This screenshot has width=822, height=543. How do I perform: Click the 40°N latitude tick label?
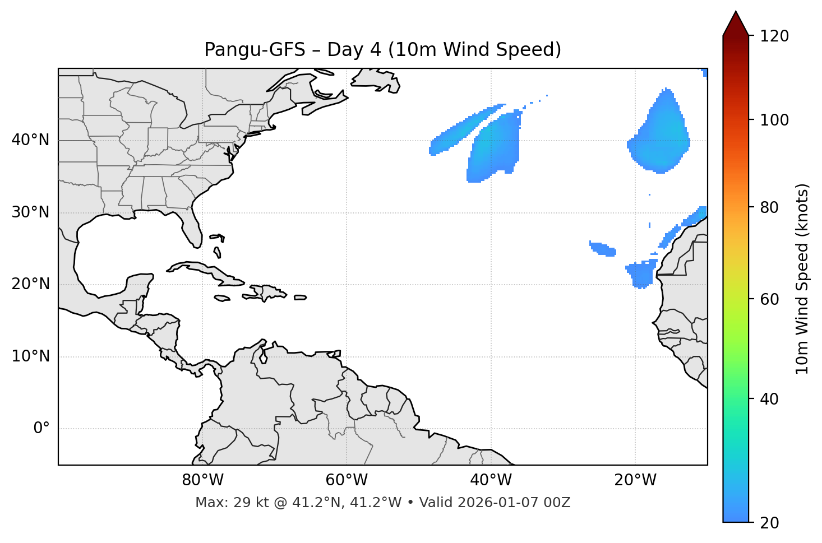[x=30, y=140]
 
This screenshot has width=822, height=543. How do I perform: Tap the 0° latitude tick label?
[x=41, y=429]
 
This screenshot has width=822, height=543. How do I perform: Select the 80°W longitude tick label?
[x=202, y=480]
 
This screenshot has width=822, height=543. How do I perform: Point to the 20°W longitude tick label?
[x=635, y=480]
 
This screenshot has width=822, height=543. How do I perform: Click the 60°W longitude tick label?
[x=346, y=480]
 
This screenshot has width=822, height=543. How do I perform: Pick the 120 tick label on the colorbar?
[x=774, y=36]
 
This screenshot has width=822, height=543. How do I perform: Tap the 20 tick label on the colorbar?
[x=770, y=523]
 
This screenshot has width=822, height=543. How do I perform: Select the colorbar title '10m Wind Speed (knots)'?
[x=802, y=279]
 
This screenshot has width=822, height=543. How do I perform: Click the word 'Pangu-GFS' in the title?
[x=255, y=50]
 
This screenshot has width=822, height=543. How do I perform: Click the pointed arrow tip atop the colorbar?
[x=736, y=14]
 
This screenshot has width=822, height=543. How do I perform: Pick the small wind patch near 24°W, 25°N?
[x=603, y=248]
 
